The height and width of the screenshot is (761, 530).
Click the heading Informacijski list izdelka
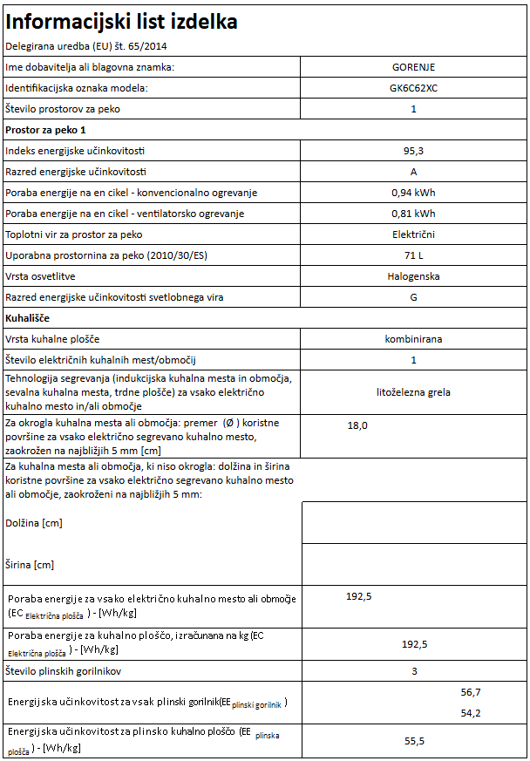pyautogui.click(x=121, y=22)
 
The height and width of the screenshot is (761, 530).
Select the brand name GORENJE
pyautogui.click(x=413, y=66)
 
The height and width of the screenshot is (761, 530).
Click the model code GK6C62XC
pyautogui.click(x=413, y=88)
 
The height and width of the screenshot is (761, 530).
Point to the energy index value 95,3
pyautogui.click(x=413, y=151)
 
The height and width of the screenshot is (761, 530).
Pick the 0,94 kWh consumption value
pyautogui.click(x=413, y=193)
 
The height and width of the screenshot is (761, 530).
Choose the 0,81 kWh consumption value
pyautogui.click(x=413, y=214)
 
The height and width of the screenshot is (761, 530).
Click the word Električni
pyautogui.click(x=413, y=234)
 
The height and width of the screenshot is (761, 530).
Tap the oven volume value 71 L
pyautogui.click(x=413, y=255)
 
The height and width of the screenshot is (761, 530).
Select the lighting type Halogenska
pyautogui.click(x=413, y=276)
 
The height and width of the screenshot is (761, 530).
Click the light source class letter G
pyautogui.click(x=413, y=297)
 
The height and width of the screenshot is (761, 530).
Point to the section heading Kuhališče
pyautogui.click(x=27, y=318)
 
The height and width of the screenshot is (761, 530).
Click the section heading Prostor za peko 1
pyautogui.click(x=46, y=130)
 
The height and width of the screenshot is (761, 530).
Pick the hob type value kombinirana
pyautogui.click(x=413, y=338)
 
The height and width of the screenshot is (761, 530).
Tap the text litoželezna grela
pyautogui.click(x=413, y=392)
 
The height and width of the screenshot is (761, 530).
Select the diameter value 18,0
pyautogui.click(x=357, y=425)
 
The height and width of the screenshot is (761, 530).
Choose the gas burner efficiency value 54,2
pyautogui.click(x=471, y=713)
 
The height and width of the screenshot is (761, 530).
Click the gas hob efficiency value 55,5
pyautogui.click(x=413, y=741)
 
